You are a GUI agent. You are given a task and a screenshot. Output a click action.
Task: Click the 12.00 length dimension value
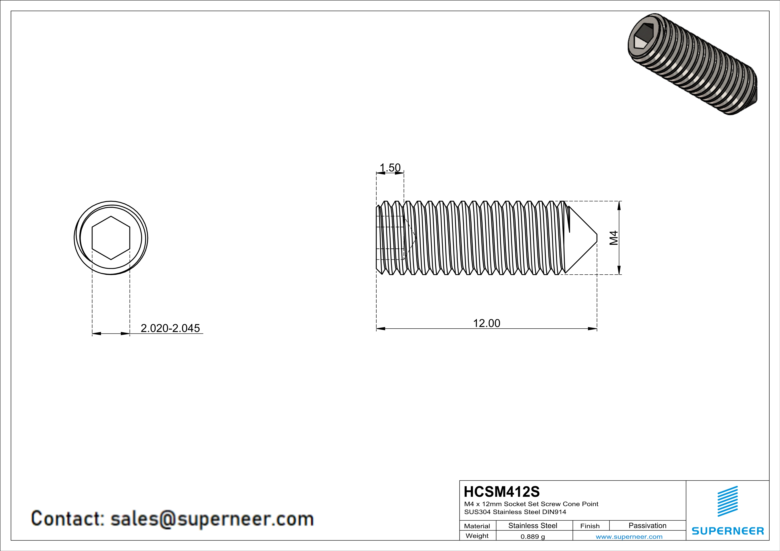click(x=486, y=323)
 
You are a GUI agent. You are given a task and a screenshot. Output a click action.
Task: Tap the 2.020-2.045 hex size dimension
click(x=170, y=328)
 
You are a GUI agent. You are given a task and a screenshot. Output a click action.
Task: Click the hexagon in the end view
click(x=111, y=238)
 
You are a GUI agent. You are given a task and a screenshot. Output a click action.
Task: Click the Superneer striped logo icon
click(x=727, y=501)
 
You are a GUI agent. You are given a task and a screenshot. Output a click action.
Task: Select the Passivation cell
click(x=647, y=525)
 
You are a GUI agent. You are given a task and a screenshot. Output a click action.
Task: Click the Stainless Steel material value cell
click(x=533, y=525)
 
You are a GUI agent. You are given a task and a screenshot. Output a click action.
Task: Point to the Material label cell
click(x=477, y=526)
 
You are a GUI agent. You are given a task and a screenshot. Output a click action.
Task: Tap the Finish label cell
click(x=590, y=526)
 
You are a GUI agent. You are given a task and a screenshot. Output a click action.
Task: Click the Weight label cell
click(x=477, y=536)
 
